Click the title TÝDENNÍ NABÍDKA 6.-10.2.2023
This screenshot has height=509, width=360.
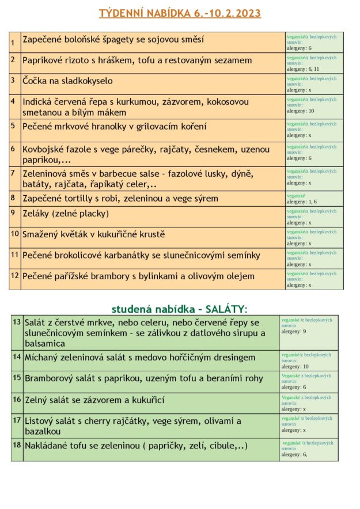pyautogui.click(x=180, y=13)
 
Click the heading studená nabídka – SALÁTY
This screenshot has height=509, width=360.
pyautogui.click(x=179, y=309)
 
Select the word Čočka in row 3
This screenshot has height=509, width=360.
pyautogui.click(x=35, y=81)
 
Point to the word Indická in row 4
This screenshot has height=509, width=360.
pyautogui.click(x=39, y=102)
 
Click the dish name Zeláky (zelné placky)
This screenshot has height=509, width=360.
pyautogui.click(x=66, y=214)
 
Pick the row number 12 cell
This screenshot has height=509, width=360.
pyautogui.click(x=15, y=276)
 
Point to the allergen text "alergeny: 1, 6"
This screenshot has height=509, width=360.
pyautogui.click(x=302, y=202)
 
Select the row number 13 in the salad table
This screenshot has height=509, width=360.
pyautogui.click(x=17, y=321)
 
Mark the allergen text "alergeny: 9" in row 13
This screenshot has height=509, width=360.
pyautogui.click(x=294, y=332)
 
